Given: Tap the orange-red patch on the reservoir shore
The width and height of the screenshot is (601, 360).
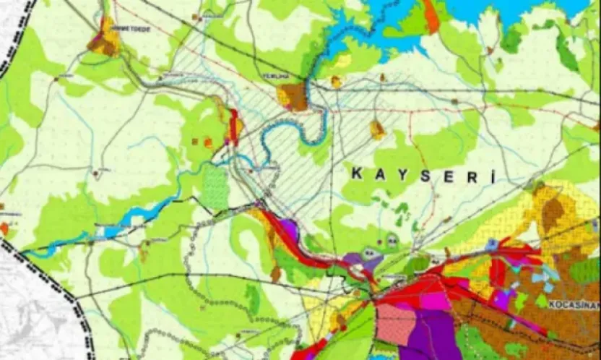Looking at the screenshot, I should point(432,15).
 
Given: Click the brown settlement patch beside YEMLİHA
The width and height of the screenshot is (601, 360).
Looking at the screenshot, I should point(295,96).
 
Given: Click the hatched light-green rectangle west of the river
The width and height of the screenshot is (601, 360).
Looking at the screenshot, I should point(215,187).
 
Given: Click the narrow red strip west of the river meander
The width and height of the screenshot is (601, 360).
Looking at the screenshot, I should point(234,127).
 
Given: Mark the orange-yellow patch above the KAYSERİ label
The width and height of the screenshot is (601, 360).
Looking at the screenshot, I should point(377,130).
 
